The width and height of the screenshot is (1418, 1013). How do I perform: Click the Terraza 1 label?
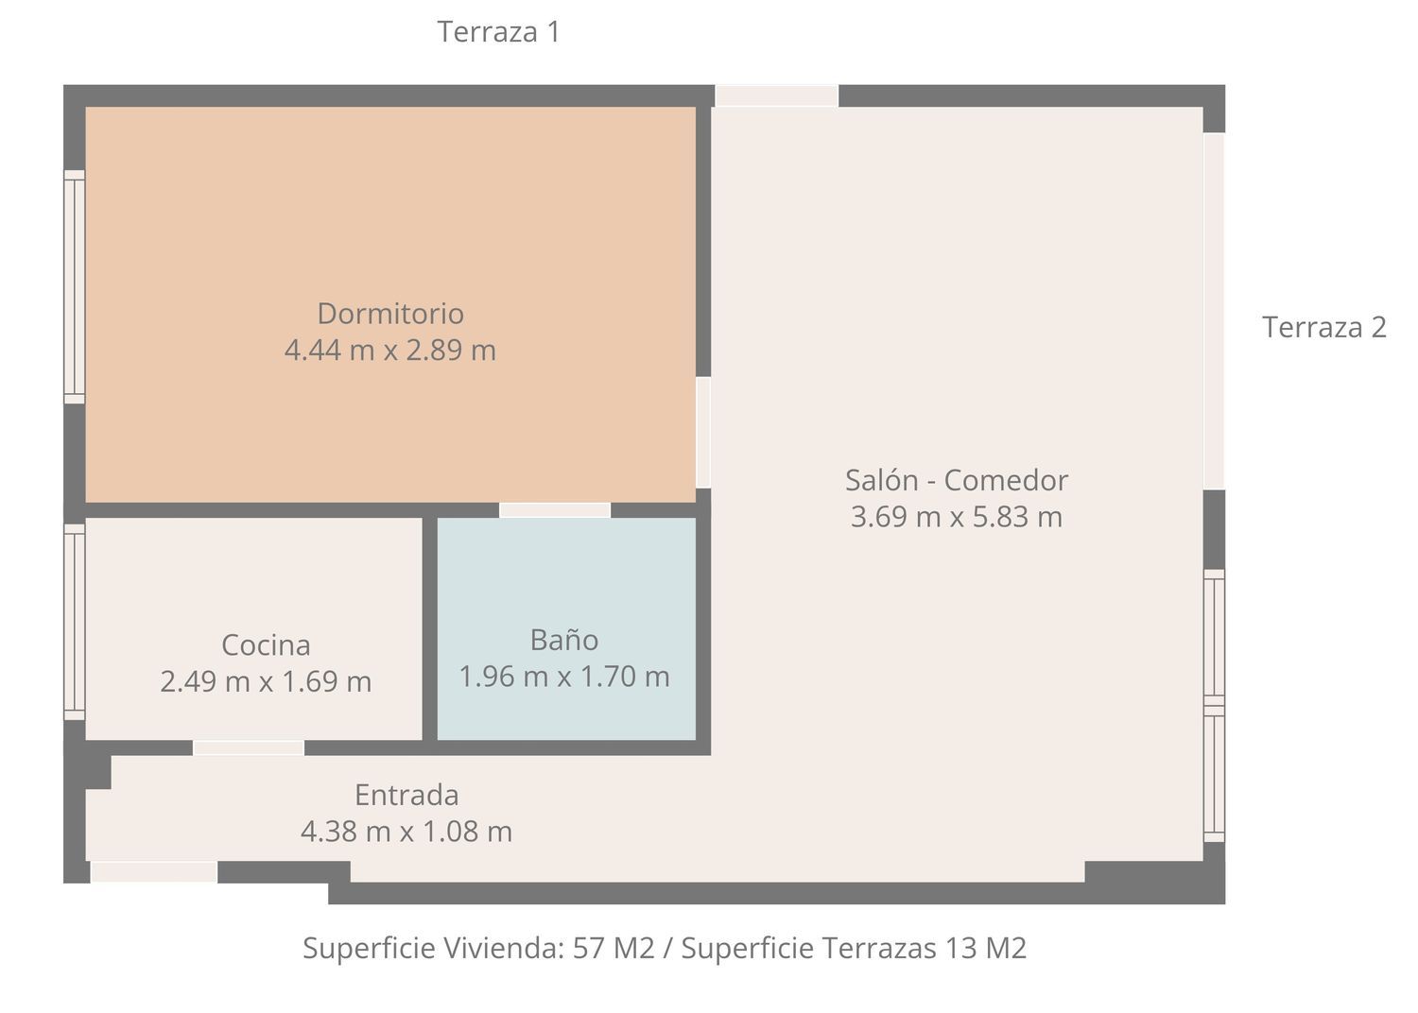tap(499, 31)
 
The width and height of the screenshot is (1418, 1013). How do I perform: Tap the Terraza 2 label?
tap(1324, 327)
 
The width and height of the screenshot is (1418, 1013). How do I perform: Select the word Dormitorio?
tap(390, 313)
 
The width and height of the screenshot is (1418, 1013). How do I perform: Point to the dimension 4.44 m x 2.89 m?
tap(389, 350)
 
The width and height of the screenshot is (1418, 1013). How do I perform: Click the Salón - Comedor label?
tap(957, 480)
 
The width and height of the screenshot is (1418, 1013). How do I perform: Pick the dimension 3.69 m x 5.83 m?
tap(957, 516)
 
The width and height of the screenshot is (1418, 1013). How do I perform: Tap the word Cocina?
tap(266, 645)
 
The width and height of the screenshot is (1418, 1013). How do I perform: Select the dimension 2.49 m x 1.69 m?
tap(266, 681)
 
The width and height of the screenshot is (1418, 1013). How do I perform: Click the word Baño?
tap(564, 640)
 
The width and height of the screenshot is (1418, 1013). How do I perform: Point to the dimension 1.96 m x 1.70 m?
tap(564, 677)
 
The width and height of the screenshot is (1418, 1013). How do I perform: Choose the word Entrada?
tap(406, 795)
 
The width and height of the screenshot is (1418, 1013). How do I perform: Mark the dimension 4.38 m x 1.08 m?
tap(406, 832)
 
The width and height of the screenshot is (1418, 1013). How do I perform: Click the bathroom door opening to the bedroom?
tap(555, 510)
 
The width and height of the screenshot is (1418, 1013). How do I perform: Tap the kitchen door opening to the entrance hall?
tap(248, 747)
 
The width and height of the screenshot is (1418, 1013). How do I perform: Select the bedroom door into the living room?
tap(702, 433)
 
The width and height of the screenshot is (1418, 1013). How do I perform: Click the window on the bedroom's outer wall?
tap(74, 286)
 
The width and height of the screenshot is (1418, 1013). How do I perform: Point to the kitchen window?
tap(74, 622)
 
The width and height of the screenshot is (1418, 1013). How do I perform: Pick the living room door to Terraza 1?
tap(777, 96)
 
